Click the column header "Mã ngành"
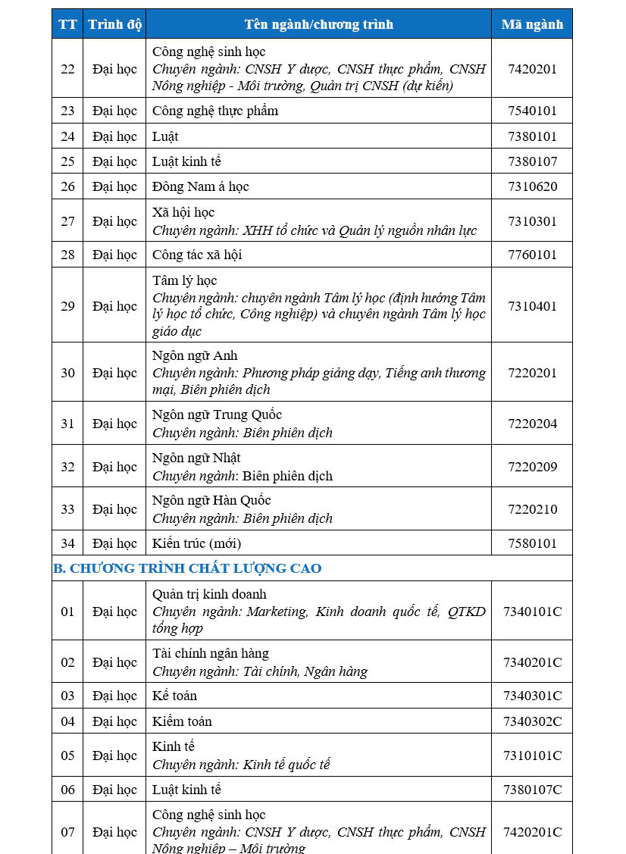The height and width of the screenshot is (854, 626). pos(532,24)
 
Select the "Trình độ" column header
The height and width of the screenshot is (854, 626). pos(114,24)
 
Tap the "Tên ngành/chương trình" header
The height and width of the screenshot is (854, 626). pos(318,24)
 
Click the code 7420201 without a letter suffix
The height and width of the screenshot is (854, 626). pos(532,69)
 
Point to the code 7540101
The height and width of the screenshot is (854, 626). pos(532,111)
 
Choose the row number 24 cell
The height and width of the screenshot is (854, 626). pos(67,136)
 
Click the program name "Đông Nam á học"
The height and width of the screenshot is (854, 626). pos(200,186)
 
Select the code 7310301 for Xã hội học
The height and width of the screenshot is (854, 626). pos(532,221)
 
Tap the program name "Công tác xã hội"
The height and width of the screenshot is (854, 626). pos(197,255)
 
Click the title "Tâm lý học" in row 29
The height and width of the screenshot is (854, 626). pos(184,280)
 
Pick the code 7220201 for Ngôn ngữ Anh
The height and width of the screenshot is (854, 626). pos(532,373)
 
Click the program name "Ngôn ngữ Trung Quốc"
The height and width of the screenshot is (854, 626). pos(217,414)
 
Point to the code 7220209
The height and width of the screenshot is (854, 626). pos(532,467)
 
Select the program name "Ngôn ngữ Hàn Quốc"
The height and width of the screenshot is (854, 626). pos(211,500)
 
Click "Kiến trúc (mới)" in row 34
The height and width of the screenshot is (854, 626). pos(196,543)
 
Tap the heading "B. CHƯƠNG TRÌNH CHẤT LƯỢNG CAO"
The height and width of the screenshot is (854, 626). pos(187,568)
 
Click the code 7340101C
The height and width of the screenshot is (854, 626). pos(532,612)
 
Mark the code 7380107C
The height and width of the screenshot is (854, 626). pos(532,790)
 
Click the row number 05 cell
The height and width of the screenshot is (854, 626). pos(67,755)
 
